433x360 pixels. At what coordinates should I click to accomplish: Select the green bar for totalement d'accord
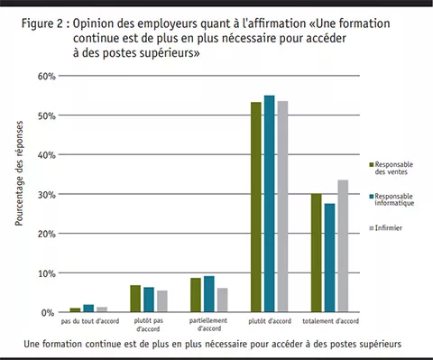316,254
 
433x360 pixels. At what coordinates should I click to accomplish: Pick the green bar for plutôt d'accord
256,208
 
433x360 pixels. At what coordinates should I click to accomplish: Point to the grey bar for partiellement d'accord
222,300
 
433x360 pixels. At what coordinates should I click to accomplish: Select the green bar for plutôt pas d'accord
135,299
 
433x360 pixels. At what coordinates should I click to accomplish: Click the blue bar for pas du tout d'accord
88,309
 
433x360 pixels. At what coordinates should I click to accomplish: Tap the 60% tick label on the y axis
47,76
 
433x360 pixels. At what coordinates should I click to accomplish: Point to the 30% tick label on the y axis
47,194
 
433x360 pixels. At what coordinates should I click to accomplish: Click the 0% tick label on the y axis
50,312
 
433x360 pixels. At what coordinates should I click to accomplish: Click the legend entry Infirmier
391,228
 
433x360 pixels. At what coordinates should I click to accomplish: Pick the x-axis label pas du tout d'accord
88,322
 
